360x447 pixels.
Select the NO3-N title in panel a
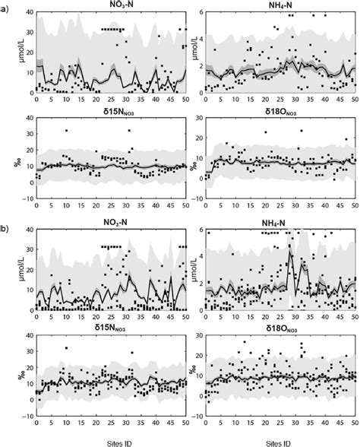pos(112,5)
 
